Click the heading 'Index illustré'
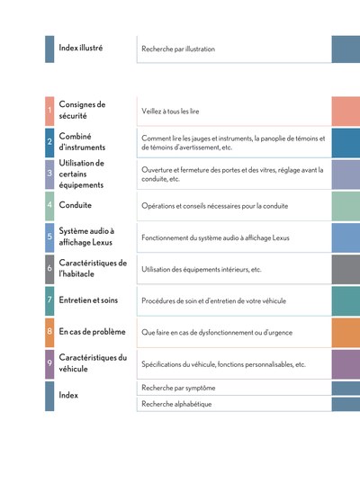coord(81,48)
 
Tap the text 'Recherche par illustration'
coord(178,49)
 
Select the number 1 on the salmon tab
coord(49,111)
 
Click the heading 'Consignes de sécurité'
coord(82,110)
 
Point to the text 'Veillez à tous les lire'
coord(170,112)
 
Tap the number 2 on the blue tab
coord(49,141)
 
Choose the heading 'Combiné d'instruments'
coord(82,141)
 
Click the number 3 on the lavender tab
coord(49,174)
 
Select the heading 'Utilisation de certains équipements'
coord(82,174)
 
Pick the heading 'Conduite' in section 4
coord(75,205)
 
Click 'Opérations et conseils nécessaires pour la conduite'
coord(215,206)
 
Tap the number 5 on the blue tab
coord(49,237)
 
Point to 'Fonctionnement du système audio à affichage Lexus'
coord(215,237)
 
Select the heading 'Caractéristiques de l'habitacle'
coord(93,268)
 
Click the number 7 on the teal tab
coord(49,300)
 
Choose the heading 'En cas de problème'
coord(92,332)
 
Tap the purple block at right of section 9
coord(346,364)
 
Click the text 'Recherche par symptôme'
coord(178,388)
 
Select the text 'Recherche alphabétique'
coord(176,404)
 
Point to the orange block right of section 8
coord(346,332)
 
